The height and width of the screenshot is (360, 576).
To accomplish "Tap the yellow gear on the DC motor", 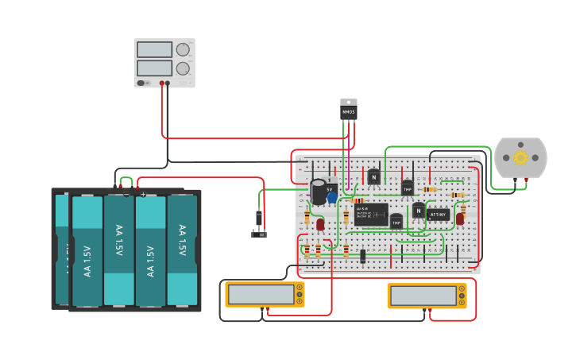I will [x=520, y=157].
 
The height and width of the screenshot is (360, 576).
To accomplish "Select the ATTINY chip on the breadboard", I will [x=439, y=215].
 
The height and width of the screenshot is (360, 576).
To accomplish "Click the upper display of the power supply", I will [x=154, y=50].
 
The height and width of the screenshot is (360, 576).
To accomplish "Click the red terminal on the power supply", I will [x=161, y=83].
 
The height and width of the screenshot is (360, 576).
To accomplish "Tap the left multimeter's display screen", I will [x=261, y=294].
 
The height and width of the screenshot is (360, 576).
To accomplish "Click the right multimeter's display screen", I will [x=423, y=296].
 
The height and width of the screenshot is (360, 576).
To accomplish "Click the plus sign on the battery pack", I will [x=143, y=194].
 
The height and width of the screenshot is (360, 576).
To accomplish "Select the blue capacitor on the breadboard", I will [x=332, y=197].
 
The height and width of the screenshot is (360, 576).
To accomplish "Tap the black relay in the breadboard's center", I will [x=371, y=215].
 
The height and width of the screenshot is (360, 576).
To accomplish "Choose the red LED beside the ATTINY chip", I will [x=460, y=219].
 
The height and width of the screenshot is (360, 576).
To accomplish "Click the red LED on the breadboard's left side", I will [x=320, y=225].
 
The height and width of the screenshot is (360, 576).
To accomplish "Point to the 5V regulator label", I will [x=331, y=188].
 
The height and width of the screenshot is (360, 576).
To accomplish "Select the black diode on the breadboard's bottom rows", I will [x=363, y=256].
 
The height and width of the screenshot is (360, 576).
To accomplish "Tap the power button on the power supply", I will [x=141, y=83].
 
